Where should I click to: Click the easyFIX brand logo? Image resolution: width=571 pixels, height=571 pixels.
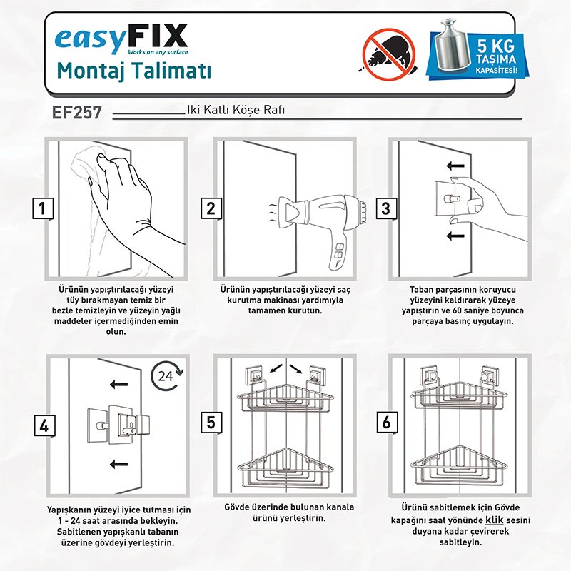click(x=121, y=39)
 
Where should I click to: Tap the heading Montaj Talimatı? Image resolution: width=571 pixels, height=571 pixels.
click(x=134, y=71)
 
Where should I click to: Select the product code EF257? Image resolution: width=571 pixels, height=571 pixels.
click(x=77, y=112)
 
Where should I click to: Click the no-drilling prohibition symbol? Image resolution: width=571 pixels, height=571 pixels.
click(x=389, y=54)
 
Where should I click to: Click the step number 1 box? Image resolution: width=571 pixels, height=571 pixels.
click(x=43, y=208)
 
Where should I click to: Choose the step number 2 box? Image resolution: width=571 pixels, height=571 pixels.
click(x=211, y=208)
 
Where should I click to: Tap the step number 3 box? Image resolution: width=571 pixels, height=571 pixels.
click(x=386, y=208)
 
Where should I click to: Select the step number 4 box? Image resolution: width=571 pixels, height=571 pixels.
click(x=45, y=425)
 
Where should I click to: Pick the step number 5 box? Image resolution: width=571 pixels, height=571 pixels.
click(x=211, y=423)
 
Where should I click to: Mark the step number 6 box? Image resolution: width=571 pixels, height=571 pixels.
click(x=387, y=423)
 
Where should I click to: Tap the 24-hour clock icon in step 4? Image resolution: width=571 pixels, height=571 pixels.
click(x=168, y=376)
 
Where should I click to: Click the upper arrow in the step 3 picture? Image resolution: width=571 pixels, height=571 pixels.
click(x=455, y=166)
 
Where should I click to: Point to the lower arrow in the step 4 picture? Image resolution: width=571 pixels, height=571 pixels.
click(x=118, y=464)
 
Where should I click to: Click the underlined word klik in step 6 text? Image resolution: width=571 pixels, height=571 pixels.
click(x=495, y=520)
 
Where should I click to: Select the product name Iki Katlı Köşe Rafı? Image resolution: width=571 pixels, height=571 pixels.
click(x=236, y=110)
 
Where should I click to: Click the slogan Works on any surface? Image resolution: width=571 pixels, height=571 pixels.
click(x=158, y=52)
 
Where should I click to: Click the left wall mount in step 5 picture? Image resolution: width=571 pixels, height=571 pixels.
click(x=254, y=375)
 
